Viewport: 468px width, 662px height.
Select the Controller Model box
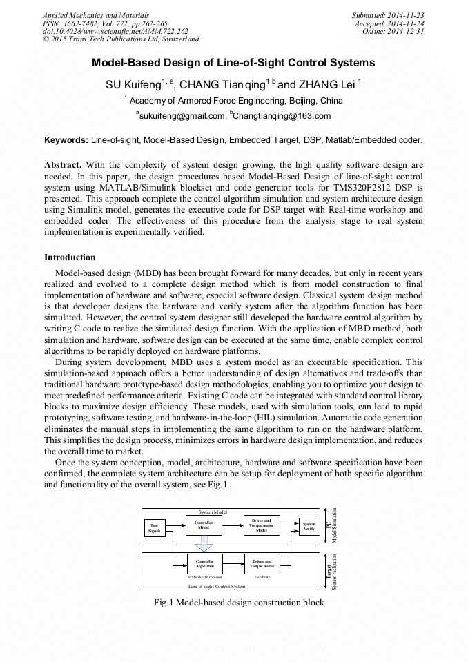(204, 525)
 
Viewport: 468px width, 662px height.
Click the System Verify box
(309, 527)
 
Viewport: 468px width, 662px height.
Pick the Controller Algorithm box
(204, 564)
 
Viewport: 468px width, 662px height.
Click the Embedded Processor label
(204, 576)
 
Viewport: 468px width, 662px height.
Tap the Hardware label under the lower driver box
(262, 576)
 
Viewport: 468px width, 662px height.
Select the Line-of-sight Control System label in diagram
(217, 586)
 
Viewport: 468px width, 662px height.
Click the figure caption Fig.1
(238, 603)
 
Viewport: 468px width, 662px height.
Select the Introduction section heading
(70, 257)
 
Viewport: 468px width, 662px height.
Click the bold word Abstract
(63, 166)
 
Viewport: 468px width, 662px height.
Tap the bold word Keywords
(66, 140)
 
